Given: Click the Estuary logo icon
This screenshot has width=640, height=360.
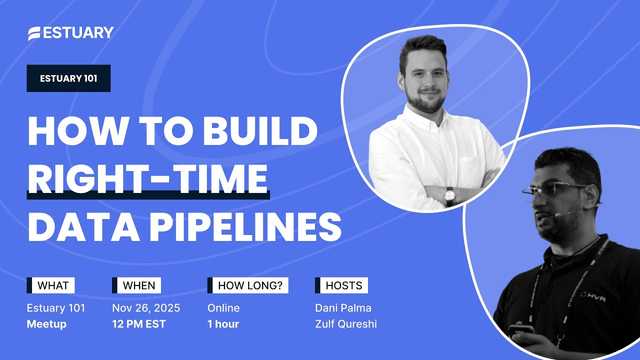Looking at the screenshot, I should point(35,33).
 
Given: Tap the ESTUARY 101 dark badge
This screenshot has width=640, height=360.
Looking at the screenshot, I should point(68,78).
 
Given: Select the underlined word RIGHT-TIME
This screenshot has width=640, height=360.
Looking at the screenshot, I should point(148,180).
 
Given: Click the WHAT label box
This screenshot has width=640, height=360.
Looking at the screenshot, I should point(50,285).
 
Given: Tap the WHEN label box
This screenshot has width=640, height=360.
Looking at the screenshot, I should point(136,285).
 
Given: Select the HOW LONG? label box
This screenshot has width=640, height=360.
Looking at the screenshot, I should point(246,285).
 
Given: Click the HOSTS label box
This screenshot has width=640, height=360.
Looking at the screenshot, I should point(339,285).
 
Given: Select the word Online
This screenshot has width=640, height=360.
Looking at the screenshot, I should point(224,308).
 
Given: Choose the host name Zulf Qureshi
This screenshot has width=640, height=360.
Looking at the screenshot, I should point(347,326).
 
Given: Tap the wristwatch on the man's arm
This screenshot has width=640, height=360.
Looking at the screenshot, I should point(449,196).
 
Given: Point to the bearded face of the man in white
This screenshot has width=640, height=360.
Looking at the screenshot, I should point(425,85).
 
